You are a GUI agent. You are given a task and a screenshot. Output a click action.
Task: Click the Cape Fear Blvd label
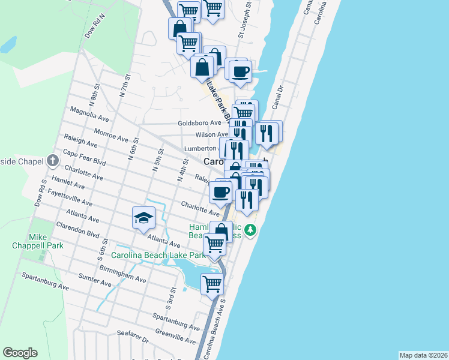pos(84,158)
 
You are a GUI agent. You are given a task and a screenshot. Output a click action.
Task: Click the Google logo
pos(20,353)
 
